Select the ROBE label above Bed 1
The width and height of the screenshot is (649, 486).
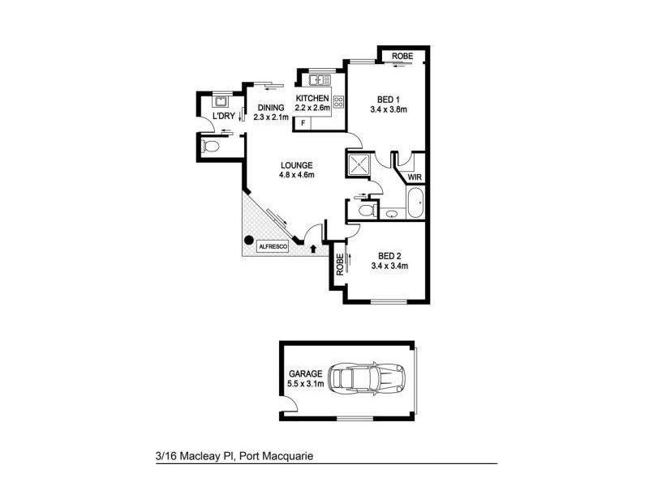[403, 56]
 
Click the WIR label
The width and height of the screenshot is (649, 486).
[415, 177]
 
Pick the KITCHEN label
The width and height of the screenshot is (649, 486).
[312, 99]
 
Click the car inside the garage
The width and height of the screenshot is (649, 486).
[370, 378]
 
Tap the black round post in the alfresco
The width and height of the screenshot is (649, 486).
[250, 240]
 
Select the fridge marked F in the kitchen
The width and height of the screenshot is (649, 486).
[303, 122]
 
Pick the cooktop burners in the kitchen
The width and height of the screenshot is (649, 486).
[338, 102]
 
